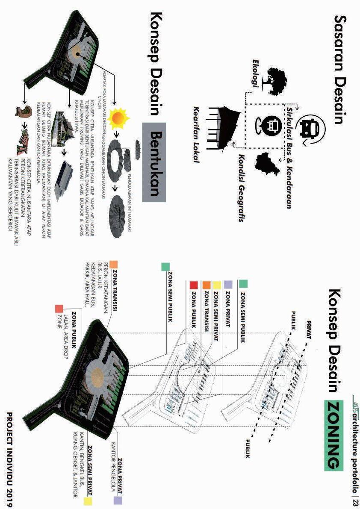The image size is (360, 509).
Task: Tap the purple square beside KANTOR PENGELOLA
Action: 118,500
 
